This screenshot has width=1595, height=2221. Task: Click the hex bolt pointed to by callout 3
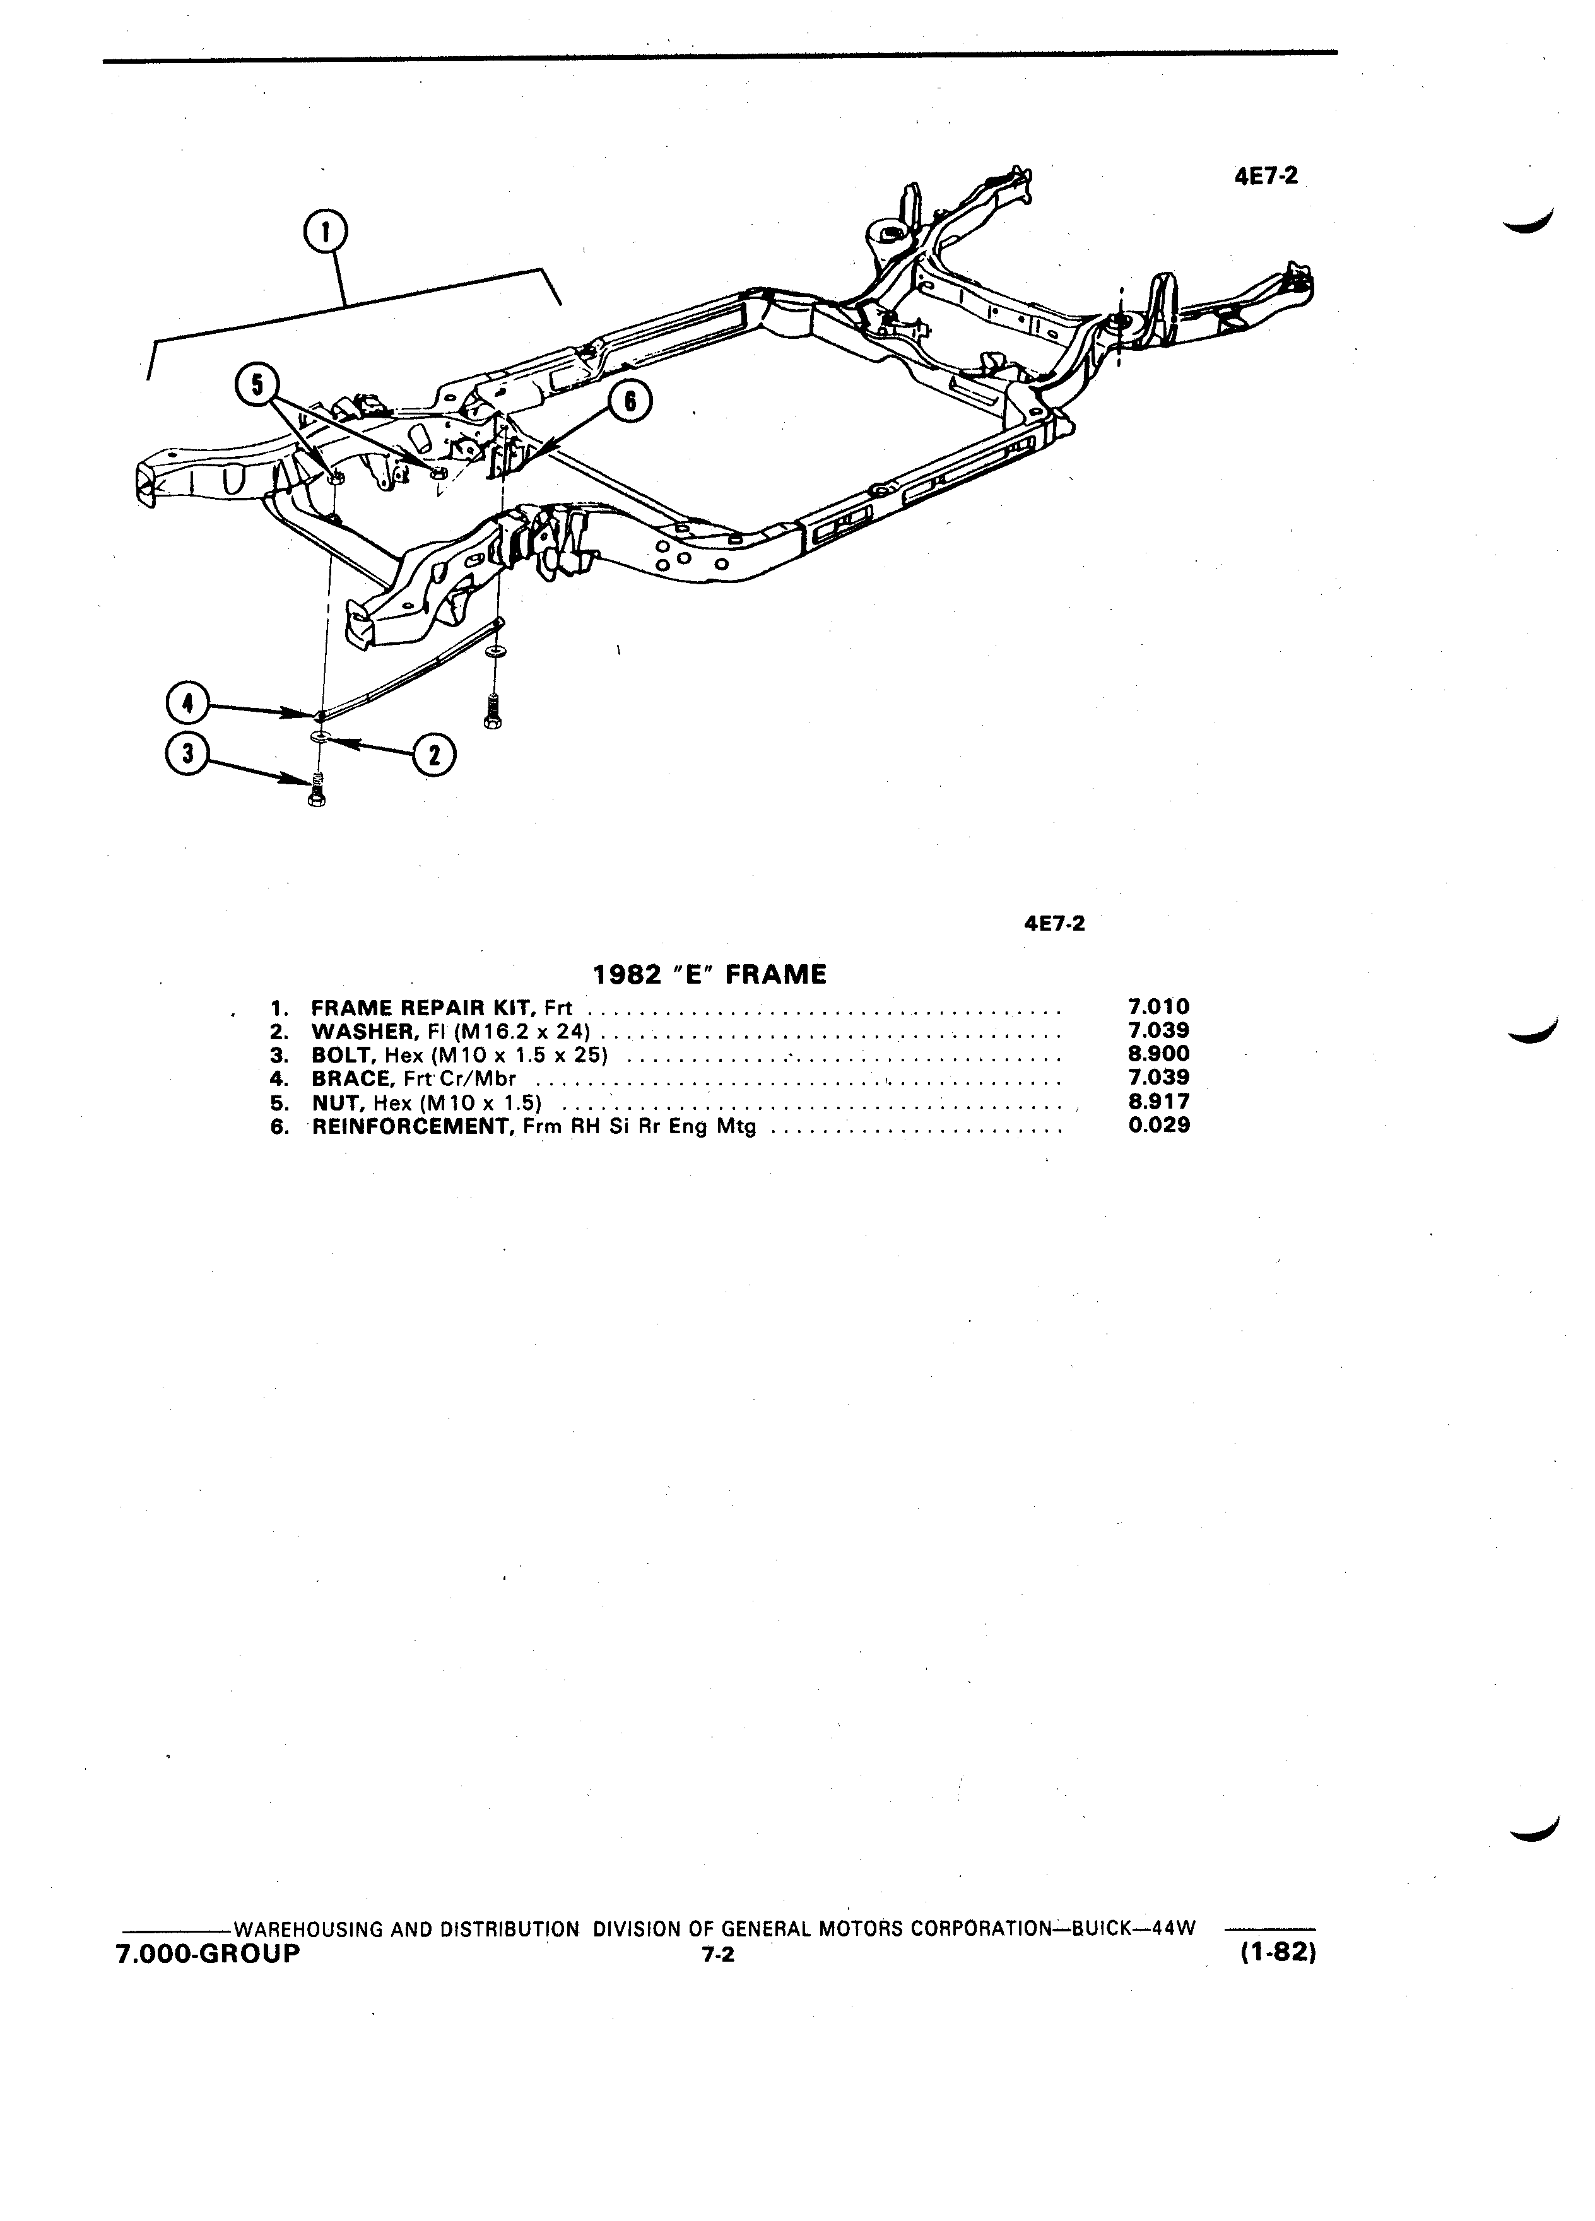[x=316, y=788]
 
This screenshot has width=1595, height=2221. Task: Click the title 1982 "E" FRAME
[x=710, y=974]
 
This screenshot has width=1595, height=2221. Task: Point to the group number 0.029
[x=1159, y=1125]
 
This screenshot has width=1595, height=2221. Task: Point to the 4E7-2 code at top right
[x=1266, y=176]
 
